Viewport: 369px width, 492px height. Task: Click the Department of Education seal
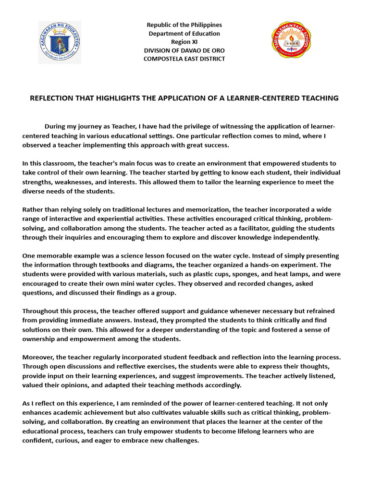pyautogui.click(x=60, y=42)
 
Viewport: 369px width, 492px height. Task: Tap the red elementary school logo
pyautogui.click(x=291, y=40)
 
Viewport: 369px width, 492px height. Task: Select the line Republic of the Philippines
pyautogui.click(x=184, y=25)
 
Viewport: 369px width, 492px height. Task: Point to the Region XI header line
pyautogui.click(x=184, y=42)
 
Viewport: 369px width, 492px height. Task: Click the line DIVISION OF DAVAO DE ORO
pyautogui.click(x=184, y=50)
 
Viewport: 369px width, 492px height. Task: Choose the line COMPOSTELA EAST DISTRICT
pyautogui.click(x=184, y=59)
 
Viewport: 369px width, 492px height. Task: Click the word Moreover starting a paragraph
pyautogui.click(x=38, y=357)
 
